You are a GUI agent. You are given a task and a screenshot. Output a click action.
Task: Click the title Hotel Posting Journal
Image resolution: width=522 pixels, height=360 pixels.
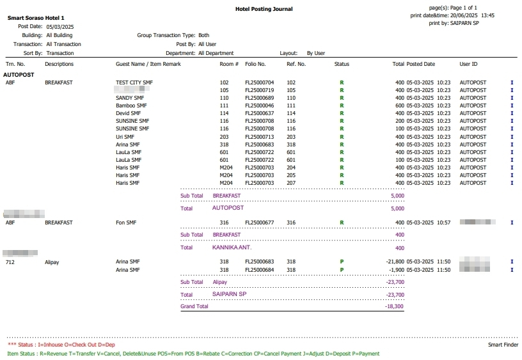coord(264,9)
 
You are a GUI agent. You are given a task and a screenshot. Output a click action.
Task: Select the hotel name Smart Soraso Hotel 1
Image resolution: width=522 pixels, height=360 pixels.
coord(36,18)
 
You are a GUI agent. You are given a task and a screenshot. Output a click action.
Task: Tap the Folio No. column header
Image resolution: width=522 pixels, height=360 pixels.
coord(255,64)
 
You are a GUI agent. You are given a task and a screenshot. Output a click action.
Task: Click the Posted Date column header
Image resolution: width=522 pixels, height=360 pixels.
coord(421,64)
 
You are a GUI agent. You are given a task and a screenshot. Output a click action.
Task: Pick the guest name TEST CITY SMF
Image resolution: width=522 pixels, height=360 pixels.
coord(134,82)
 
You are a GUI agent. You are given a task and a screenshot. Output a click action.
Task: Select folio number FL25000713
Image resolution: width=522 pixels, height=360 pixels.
coord(259,136)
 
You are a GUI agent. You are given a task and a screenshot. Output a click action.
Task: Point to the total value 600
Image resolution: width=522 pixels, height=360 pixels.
coord(399,106)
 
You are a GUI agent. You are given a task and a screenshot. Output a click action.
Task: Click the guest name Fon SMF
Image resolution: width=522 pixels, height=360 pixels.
coord(126,223)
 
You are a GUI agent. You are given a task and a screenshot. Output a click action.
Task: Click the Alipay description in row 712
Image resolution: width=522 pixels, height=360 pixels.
coord(52,262)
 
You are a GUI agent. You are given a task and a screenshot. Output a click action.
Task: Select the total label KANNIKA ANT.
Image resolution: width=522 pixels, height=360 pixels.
coord(232,247)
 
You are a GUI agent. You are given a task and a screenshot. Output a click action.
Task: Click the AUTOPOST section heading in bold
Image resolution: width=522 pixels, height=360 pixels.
coord(19,74)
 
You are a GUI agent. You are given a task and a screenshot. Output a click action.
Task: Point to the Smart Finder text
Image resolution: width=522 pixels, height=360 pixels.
coord(503,345)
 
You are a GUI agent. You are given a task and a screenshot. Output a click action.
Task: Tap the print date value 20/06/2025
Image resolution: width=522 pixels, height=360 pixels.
coord(460,15)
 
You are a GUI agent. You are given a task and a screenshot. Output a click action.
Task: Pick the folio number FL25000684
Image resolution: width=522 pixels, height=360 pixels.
coord(259,270)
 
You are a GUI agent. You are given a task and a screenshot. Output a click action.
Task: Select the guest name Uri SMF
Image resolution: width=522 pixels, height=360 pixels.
coord(125,136)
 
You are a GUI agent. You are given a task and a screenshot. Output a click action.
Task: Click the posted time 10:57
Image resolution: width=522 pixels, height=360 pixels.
coord(445,223)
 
